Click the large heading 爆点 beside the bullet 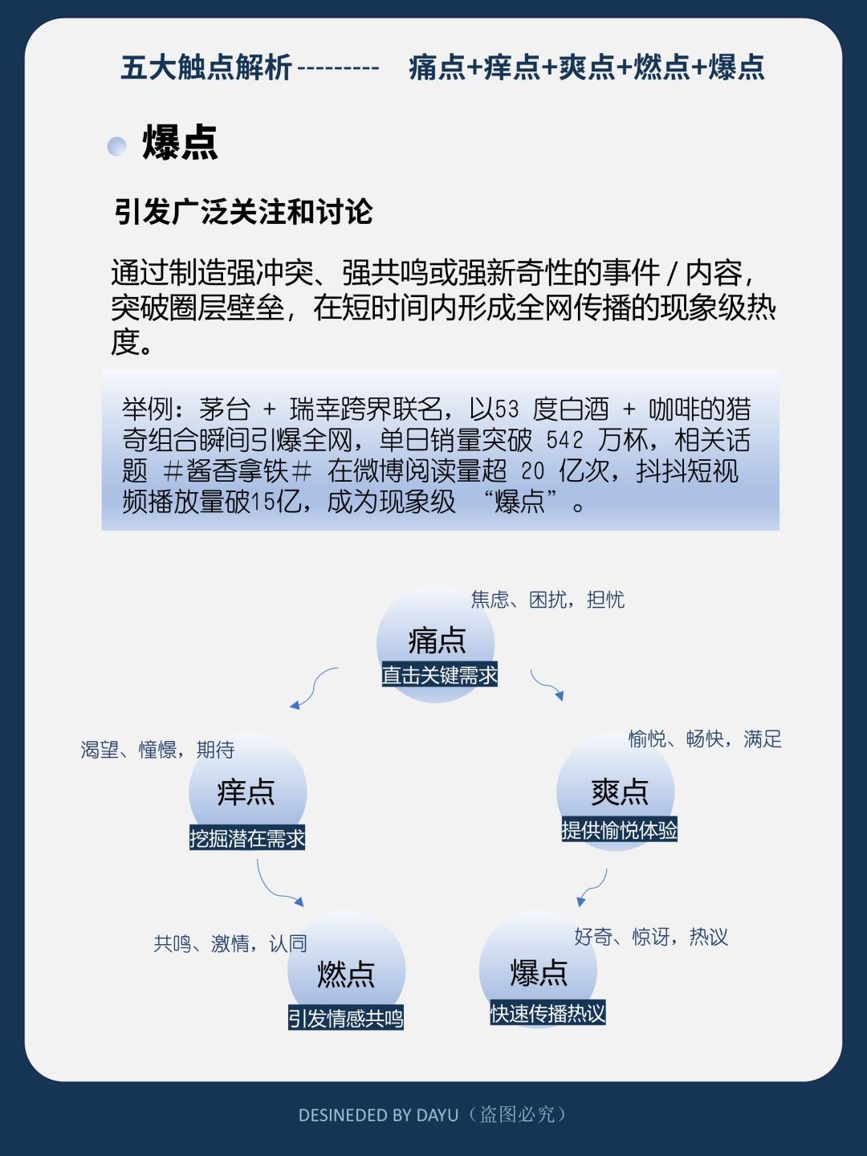point(180,144)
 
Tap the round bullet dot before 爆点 point(117,146)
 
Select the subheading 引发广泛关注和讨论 point(243,212)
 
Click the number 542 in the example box point(564,440)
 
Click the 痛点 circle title point(437,640)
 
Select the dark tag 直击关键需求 point(439,675)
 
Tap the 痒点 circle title point(246,792)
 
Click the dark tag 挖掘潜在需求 point(247,838)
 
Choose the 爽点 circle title point(619,792)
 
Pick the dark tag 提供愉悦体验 point(619,830)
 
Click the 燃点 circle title point(346,974)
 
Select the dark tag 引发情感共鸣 point(346,1018)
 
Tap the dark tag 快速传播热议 point(547,1013)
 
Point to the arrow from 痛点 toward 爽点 point(547,685)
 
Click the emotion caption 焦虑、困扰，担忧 point(547,600)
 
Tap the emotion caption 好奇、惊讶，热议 point(650,937)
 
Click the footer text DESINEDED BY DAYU point(378,1115)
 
